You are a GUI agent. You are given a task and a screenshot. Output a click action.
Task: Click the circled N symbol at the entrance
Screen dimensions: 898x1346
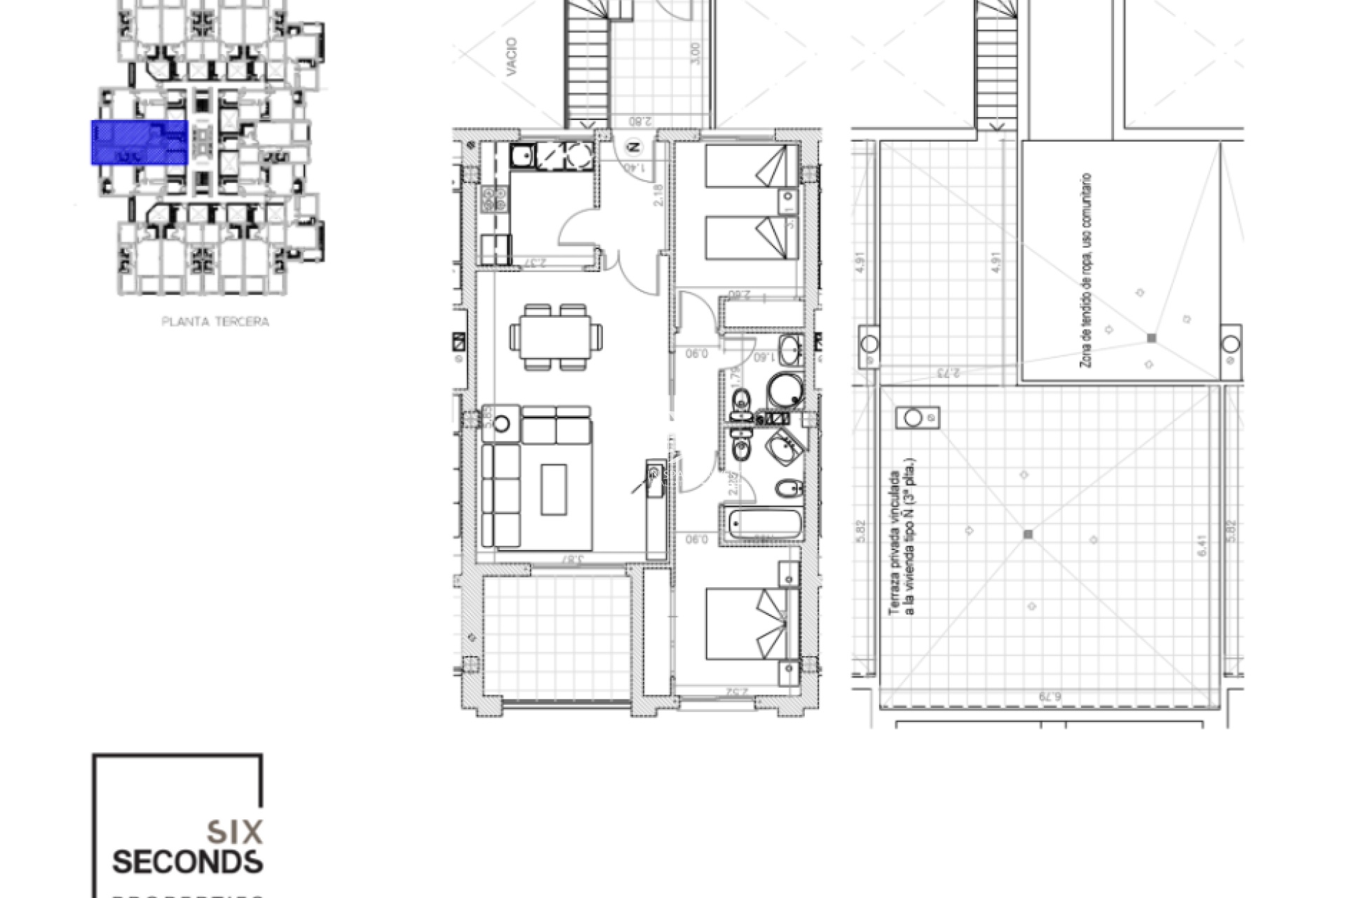pos(634,147)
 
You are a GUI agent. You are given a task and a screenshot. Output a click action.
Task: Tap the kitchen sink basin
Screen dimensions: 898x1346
pos(522,156)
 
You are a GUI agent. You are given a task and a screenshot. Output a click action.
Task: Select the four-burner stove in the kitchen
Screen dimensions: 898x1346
pos(494,199)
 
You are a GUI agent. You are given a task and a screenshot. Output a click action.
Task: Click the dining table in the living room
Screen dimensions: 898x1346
pos(555,337)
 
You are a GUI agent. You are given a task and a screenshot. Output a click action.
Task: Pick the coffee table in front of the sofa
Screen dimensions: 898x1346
pos(554,490)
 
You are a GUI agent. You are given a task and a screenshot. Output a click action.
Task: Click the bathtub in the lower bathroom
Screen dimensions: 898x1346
pos(763,524)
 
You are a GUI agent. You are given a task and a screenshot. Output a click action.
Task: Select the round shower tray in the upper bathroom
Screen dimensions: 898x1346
pos(785,391)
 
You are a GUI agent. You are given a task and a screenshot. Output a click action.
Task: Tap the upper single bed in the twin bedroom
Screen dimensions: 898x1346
pos(750,167)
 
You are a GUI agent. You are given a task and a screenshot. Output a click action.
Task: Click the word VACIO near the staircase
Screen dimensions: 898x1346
pos(511,57)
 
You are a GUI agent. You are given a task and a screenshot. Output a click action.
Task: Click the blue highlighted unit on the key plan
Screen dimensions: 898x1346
pos(140,142)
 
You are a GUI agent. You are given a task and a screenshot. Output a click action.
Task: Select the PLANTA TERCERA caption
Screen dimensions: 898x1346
pos(215,322)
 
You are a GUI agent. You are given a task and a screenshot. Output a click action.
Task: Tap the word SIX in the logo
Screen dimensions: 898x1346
pos(236,832)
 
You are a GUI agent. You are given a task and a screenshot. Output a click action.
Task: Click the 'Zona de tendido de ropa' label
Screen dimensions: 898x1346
pos(1086,270)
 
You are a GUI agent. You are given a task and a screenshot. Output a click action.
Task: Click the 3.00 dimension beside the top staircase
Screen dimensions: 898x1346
pos(695,54)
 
